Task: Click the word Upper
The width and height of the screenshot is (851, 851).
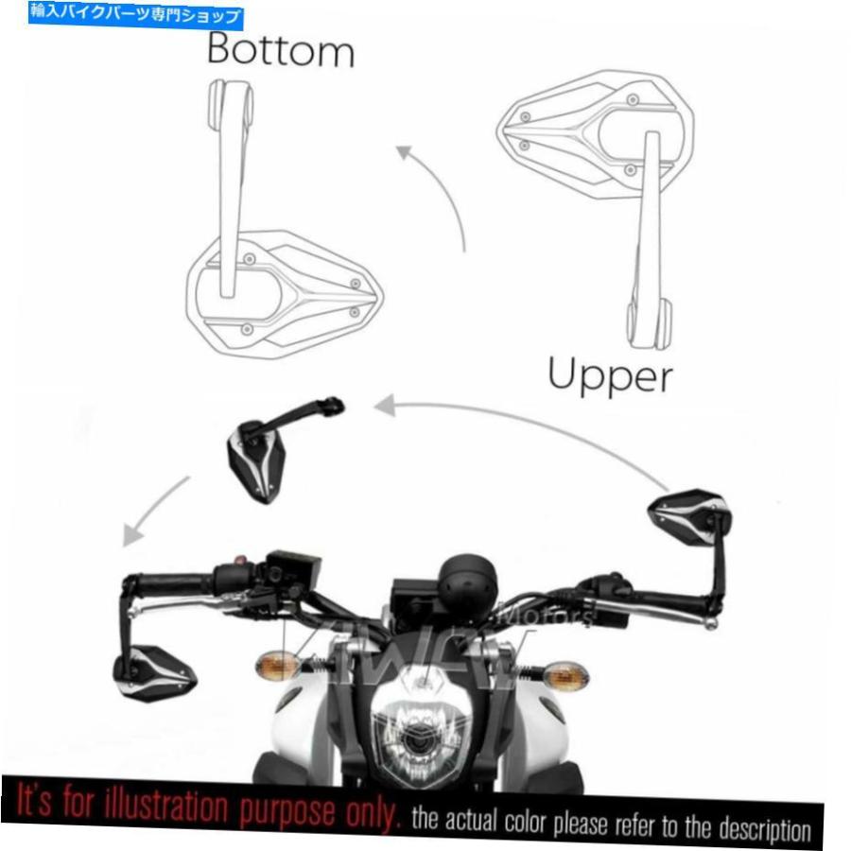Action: pyautogui.click(x=610, y=376)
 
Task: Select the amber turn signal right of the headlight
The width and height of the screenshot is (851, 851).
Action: pyautogui.click(x=565, y=675)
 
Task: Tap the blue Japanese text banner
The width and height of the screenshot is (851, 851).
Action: pyautogui.click(x=137, y=15)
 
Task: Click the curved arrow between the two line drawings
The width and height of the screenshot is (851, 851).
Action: pyautogui.click(x=437, y=189)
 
